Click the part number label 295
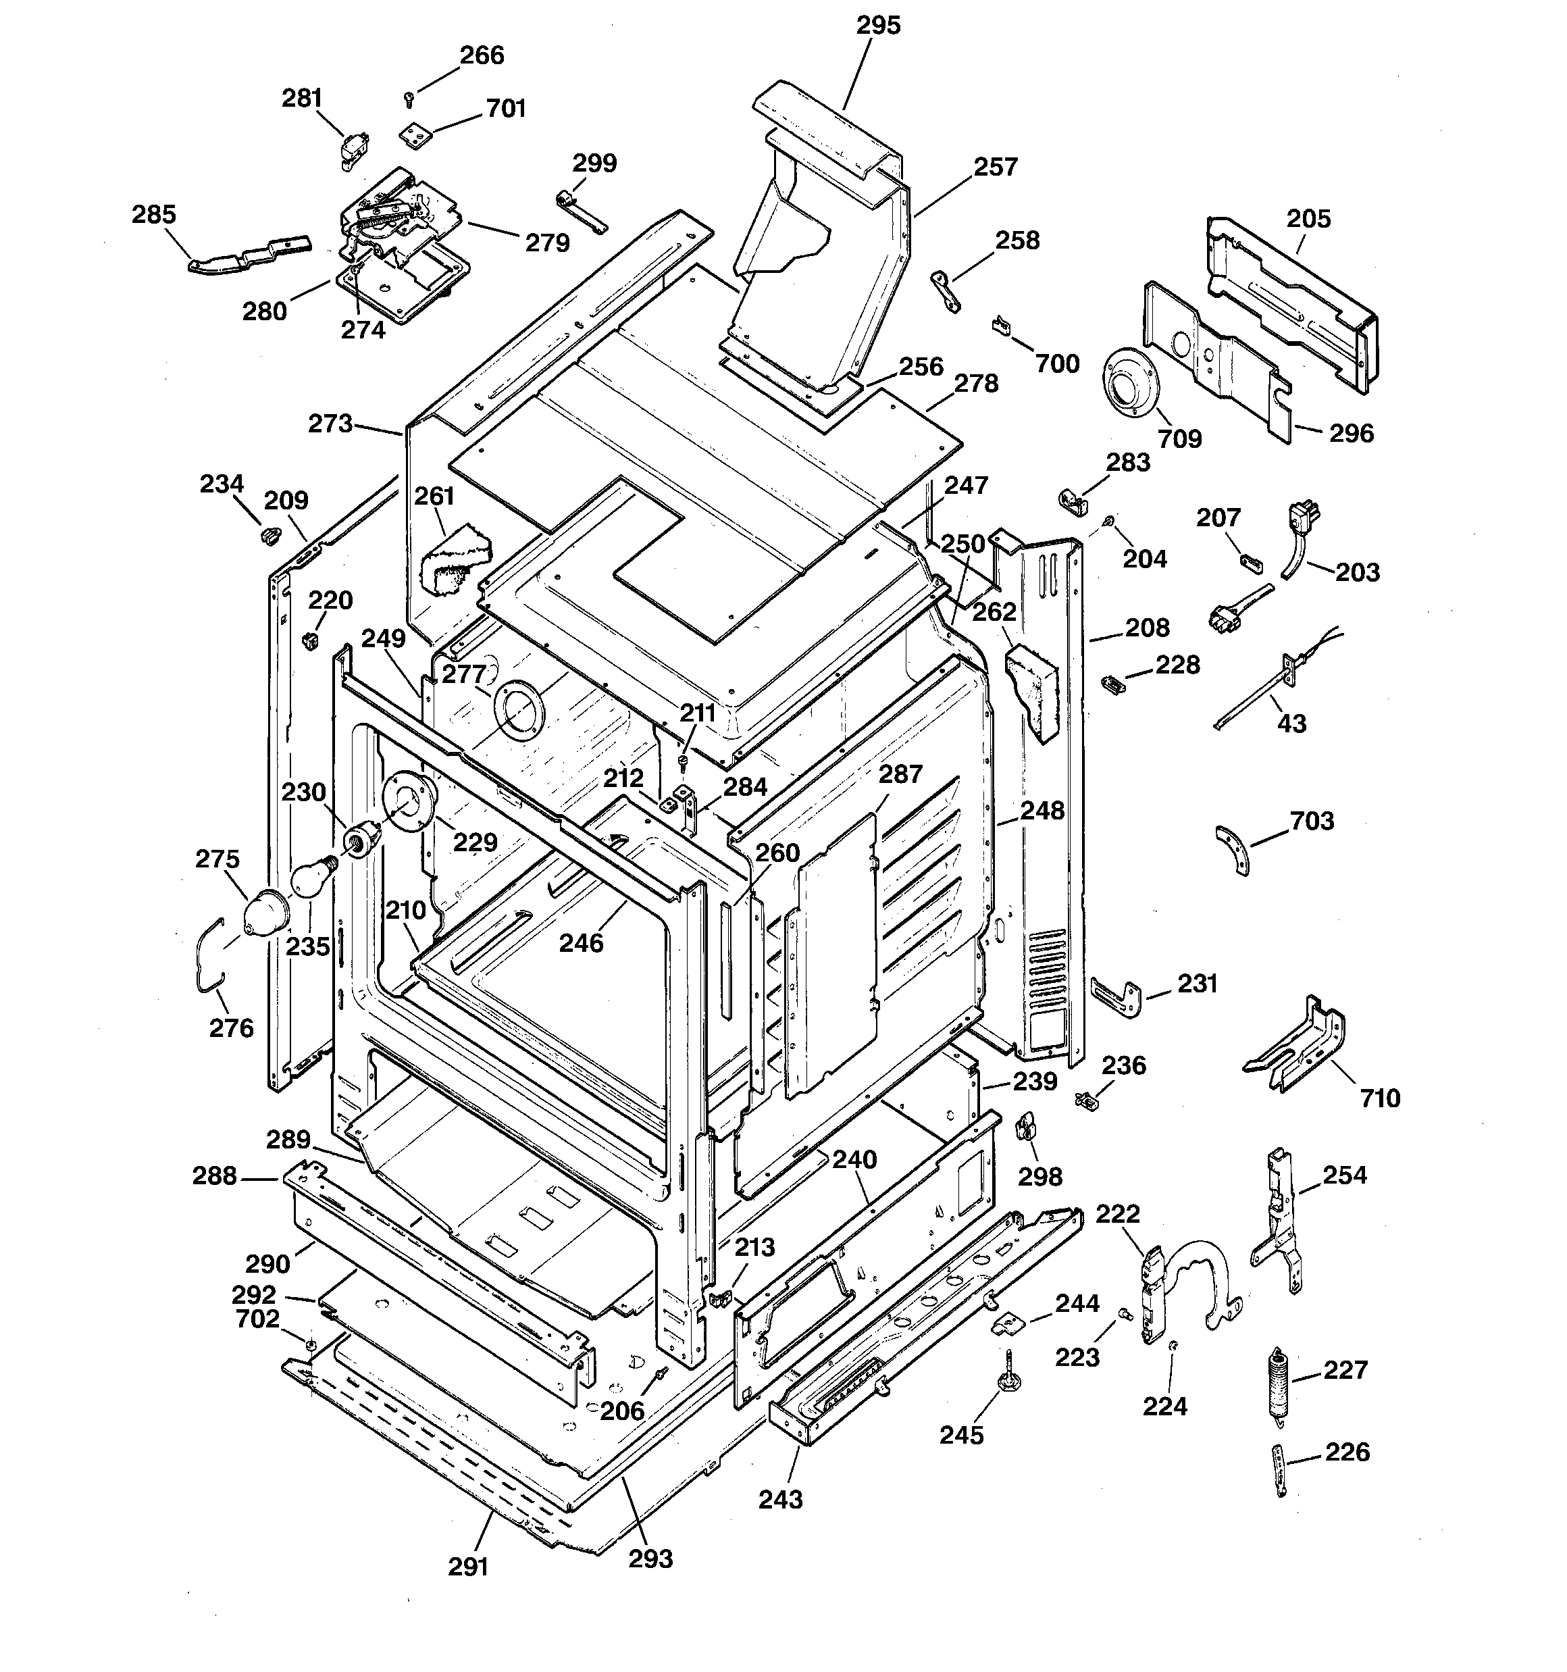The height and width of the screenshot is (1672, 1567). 878,25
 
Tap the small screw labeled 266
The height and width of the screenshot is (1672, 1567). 409,99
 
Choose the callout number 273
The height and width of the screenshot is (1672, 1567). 330,423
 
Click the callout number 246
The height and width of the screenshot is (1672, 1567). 582,943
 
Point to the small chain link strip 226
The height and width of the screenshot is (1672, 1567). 1279,1469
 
